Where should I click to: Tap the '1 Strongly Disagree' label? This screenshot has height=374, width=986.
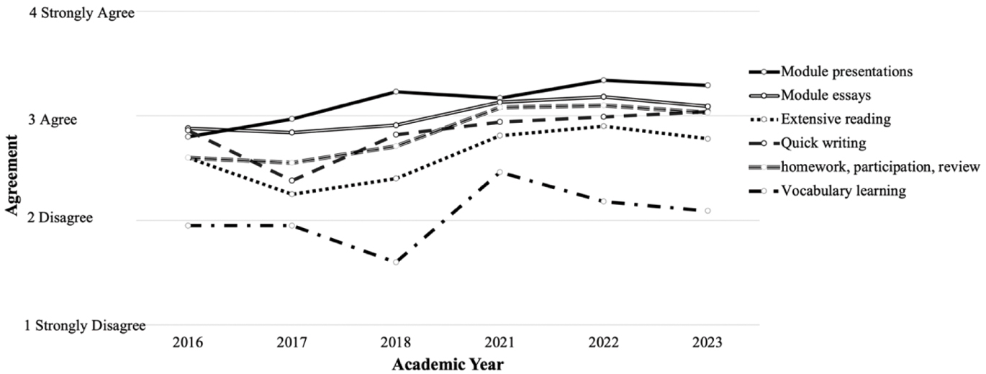[86, 326]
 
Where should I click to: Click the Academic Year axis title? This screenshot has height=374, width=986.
[447, 364]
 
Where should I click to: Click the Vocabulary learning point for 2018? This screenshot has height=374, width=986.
[396, 263]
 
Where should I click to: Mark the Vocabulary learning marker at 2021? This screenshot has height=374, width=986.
[499, 172]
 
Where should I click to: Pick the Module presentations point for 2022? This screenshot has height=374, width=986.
[603, 80]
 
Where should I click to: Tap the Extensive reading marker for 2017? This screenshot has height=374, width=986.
[292, 194]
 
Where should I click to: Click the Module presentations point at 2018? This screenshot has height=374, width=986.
[396, 91]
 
